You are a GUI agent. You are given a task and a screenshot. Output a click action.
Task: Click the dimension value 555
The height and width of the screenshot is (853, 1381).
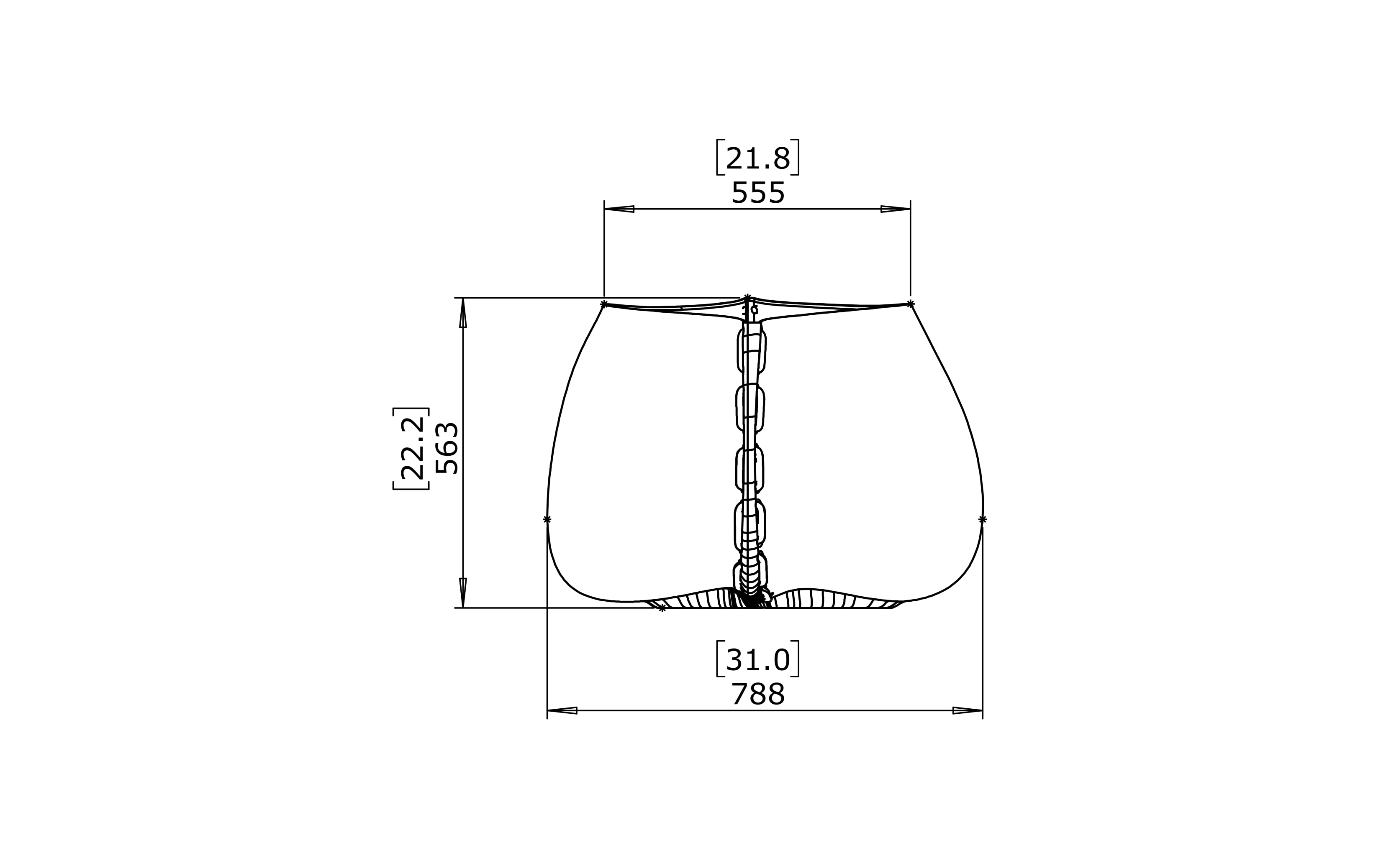pyautogui.click(x=758, y=194)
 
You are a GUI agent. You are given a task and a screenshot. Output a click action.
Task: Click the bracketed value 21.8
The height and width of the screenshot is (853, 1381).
pyautogui.click(x=758, y=158)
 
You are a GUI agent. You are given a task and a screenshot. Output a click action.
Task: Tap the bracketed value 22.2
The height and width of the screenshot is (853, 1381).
pyautogui.click(x=412, y=449)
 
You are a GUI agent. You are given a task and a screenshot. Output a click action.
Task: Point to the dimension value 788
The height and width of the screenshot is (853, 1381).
pyautogui.click(x=758, y=695)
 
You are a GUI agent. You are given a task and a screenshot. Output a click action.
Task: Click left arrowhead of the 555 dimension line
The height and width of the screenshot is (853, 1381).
pyautogui.click(x=619, y=209)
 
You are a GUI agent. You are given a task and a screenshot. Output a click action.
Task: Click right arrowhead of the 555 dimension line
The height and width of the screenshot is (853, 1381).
pyautogui.click(x=896, y=209)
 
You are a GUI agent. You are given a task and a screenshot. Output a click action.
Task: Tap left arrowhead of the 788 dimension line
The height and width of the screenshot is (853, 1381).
pyautogui.click(x=562, y=710)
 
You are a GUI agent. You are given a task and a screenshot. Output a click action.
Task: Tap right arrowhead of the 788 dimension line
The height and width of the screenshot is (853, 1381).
pyautogui.click(x=968, y=710)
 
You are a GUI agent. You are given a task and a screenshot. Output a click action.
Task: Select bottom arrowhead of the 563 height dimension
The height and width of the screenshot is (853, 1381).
pyautogui.click(x=463, y=593)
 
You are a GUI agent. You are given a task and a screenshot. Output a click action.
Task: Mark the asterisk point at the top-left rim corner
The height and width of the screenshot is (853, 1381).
pyautogui.click(x=603, y=304)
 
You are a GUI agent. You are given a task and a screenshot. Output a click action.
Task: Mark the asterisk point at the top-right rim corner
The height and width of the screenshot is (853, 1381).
pyautogui.click(x=910, y=304)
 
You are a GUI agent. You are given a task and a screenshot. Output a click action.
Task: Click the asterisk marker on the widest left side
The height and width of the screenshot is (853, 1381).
pyautogui.click(x=547, y=519)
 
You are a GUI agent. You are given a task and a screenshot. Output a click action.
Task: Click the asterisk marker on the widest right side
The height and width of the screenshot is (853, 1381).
pyautogui.click(x=983, y=519)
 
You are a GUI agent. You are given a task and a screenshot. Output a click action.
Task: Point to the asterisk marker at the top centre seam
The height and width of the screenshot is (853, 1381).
pyautogui.click(x=747, y=297)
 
